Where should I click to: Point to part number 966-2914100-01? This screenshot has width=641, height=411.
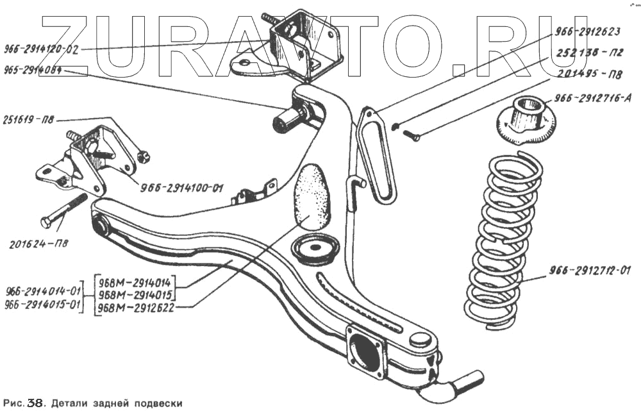point(181,189)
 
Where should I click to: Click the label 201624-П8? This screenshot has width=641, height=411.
point(40,244)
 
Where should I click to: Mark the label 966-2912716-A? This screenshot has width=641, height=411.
point(595,99)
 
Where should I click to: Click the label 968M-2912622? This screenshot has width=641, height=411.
point(136,308)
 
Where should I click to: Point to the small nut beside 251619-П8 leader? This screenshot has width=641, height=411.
point(144,155)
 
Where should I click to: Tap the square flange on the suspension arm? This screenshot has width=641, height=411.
point(366,351)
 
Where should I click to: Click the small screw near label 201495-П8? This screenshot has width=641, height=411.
point(412,135)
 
